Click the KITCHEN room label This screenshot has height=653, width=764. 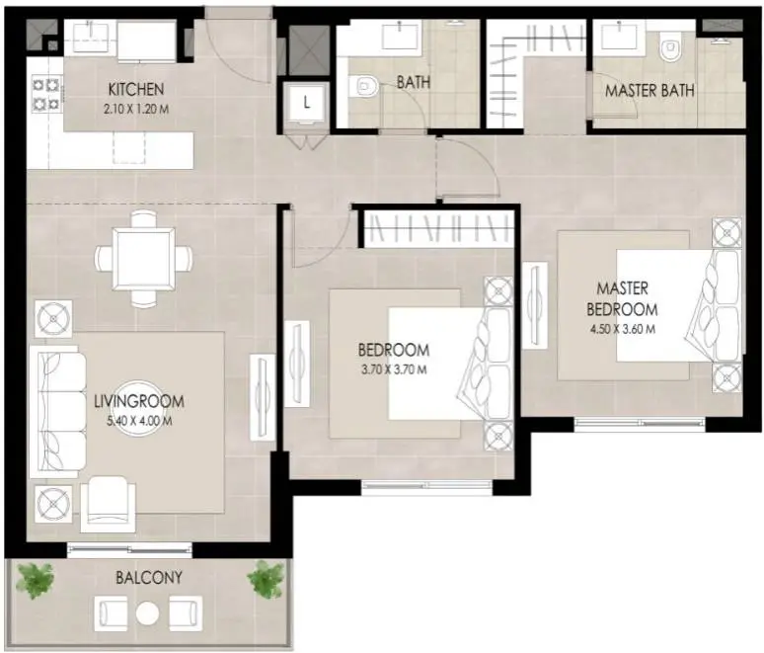[136, 90]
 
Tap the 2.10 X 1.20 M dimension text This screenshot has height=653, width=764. [136, 110]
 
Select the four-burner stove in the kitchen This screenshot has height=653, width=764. [45, 95]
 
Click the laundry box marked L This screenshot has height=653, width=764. [306, 103]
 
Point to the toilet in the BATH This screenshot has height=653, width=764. [363, 87]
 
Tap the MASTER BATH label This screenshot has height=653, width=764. [649, 91]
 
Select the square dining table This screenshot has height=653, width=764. [144, 259]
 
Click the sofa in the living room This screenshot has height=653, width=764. [57, 412]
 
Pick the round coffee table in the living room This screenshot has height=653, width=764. [139, 401]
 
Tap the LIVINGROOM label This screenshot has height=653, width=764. [139, 402]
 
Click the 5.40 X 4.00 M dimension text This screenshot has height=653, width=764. [139, 421]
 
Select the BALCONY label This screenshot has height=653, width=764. [149, 578]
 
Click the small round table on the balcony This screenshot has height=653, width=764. [148, 613]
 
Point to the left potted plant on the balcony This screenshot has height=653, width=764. [36, 581]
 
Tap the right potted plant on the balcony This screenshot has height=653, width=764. [266, 579]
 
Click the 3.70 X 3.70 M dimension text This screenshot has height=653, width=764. [394, 369]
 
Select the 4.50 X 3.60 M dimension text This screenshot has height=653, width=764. [622, 329]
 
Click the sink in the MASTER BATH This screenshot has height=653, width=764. [620, 37]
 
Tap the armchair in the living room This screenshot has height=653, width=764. [109, 503]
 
